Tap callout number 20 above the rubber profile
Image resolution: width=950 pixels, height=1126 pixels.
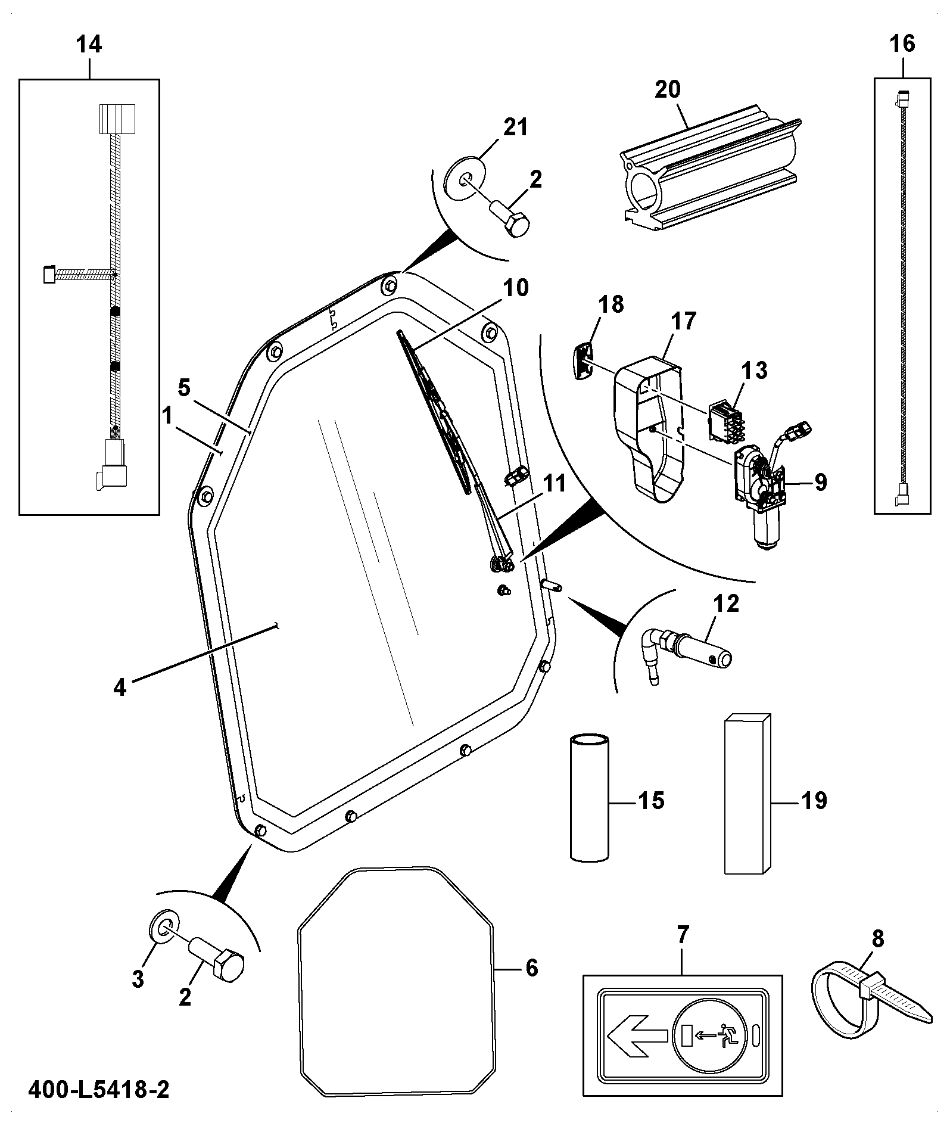coord(667,90)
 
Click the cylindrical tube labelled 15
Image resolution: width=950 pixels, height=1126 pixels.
coord(590,798)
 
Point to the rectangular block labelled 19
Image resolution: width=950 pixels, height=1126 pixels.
coord(747,794)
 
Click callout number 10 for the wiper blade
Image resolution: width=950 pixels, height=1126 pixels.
coord(516,288)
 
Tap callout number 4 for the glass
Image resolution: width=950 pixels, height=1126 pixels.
coord(120,688)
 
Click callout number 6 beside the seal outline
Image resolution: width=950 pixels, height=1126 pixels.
coord(531,968)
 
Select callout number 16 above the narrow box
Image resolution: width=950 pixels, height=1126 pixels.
coord(902,43)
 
